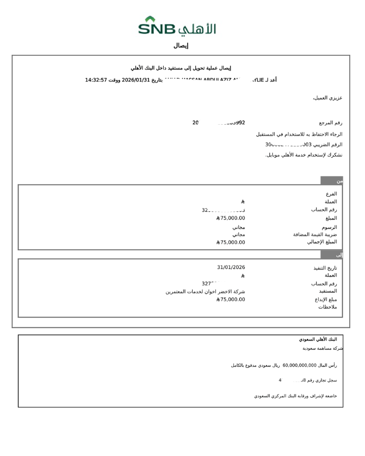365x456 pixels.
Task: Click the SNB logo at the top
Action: pyautogui.click(x=177, y=26)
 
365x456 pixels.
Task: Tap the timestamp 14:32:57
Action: pyautogui.click(x=96, y=80)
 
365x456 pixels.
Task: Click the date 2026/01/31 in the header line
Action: pyautogui.click(x=136, y=80)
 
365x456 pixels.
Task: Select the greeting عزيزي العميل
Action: pyautogui.click(x=327, y=98)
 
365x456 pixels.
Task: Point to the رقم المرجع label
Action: pyautogui.click(x=331, y=123)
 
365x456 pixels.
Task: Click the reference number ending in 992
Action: pyautogui.click(x=219, y=123)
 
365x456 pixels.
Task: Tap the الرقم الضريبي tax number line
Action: pyautogui.click(x=304, y=144)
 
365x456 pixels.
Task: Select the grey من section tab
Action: pyautogui.click(x=332, y=181)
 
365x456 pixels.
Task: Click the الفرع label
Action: pyautogui.click(x=331, y=194)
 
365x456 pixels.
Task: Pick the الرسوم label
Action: pyautogui.click(x=329, y=227)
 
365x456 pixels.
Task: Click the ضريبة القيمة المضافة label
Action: pyautogui.click(x=315, y=235)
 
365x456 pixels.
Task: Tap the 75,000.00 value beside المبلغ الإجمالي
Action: pyautogui.click(x=231, y=242)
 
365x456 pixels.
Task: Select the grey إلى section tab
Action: pyautogui.click(x=332, y=255)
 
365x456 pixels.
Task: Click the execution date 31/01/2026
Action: pyautogui.click(x=231, y=268)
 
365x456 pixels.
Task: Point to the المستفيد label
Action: pyautogui.click(x=327, y=291)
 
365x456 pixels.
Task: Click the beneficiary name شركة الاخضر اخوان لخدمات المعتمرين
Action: pyautogui.click(x=205, y=292)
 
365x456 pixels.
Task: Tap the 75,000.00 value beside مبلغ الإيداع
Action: pyautogui.click(x=231, y=299)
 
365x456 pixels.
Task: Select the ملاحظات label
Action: pyautogui.click(x=327, y=307)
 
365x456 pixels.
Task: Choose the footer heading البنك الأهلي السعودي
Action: pyautogui.click(x=318, y=339)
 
